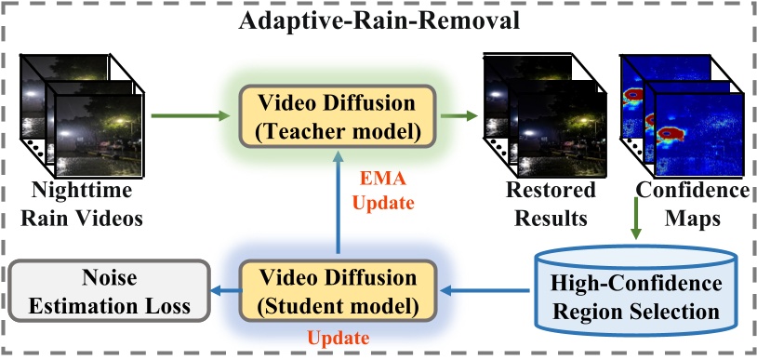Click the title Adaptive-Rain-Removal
coord(378,20)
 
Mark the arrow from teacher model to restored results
coord(455,116)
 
